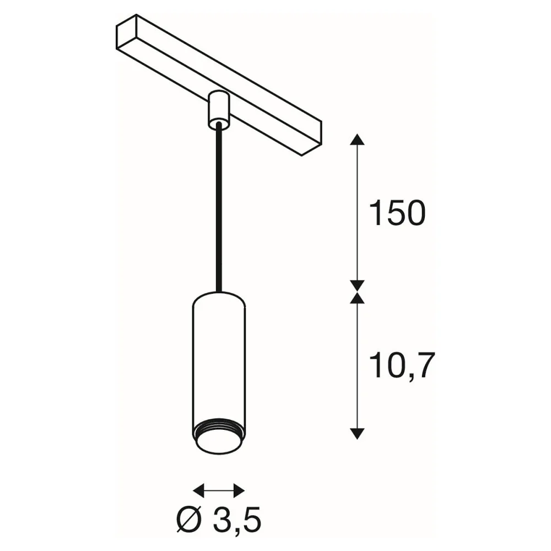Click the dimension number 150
(397, 213)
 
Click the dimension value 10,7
(402, 365)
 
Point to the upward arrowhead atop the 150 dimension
(357, 139)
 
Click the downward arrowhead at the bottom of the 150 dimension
(357, 286)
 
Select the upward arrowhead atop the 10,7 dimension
(357, 298)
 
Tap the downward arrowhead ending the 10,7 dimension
(357, 434)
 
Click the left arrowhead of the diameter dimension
(198, 490)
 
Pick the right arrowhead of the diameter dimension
(239, 490)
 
